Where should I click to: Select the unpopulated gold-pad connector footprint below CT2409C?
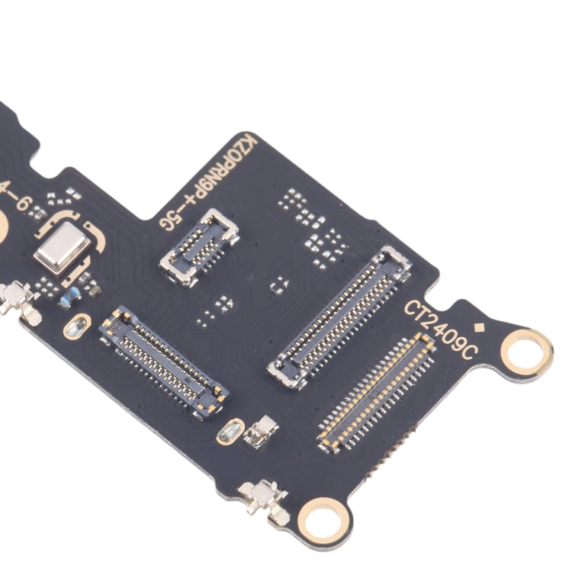377,393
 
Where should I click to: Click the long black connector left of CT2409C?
339,316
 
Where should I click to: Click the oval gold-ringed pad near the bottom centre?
230,432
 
